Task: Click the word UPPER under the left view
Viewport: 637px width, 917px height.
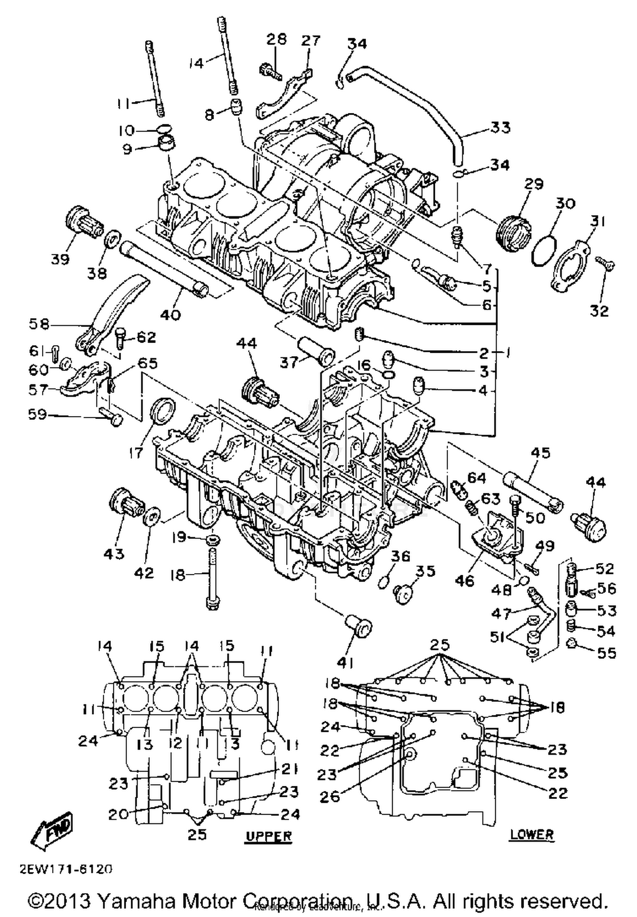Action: point(269,836)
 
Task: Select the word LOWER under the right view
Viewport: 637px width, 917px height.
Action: point(532,834)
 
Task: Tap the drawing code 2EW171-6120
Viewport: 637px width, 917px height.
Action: point(66,869)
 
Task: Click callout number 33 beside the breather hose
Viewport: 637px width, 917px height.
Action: point(500,127)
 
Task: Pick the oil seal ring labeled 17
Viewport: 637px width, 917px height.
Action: point(162,410)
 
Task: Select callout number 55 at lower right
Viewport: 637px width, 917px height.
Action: point(606,653)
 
